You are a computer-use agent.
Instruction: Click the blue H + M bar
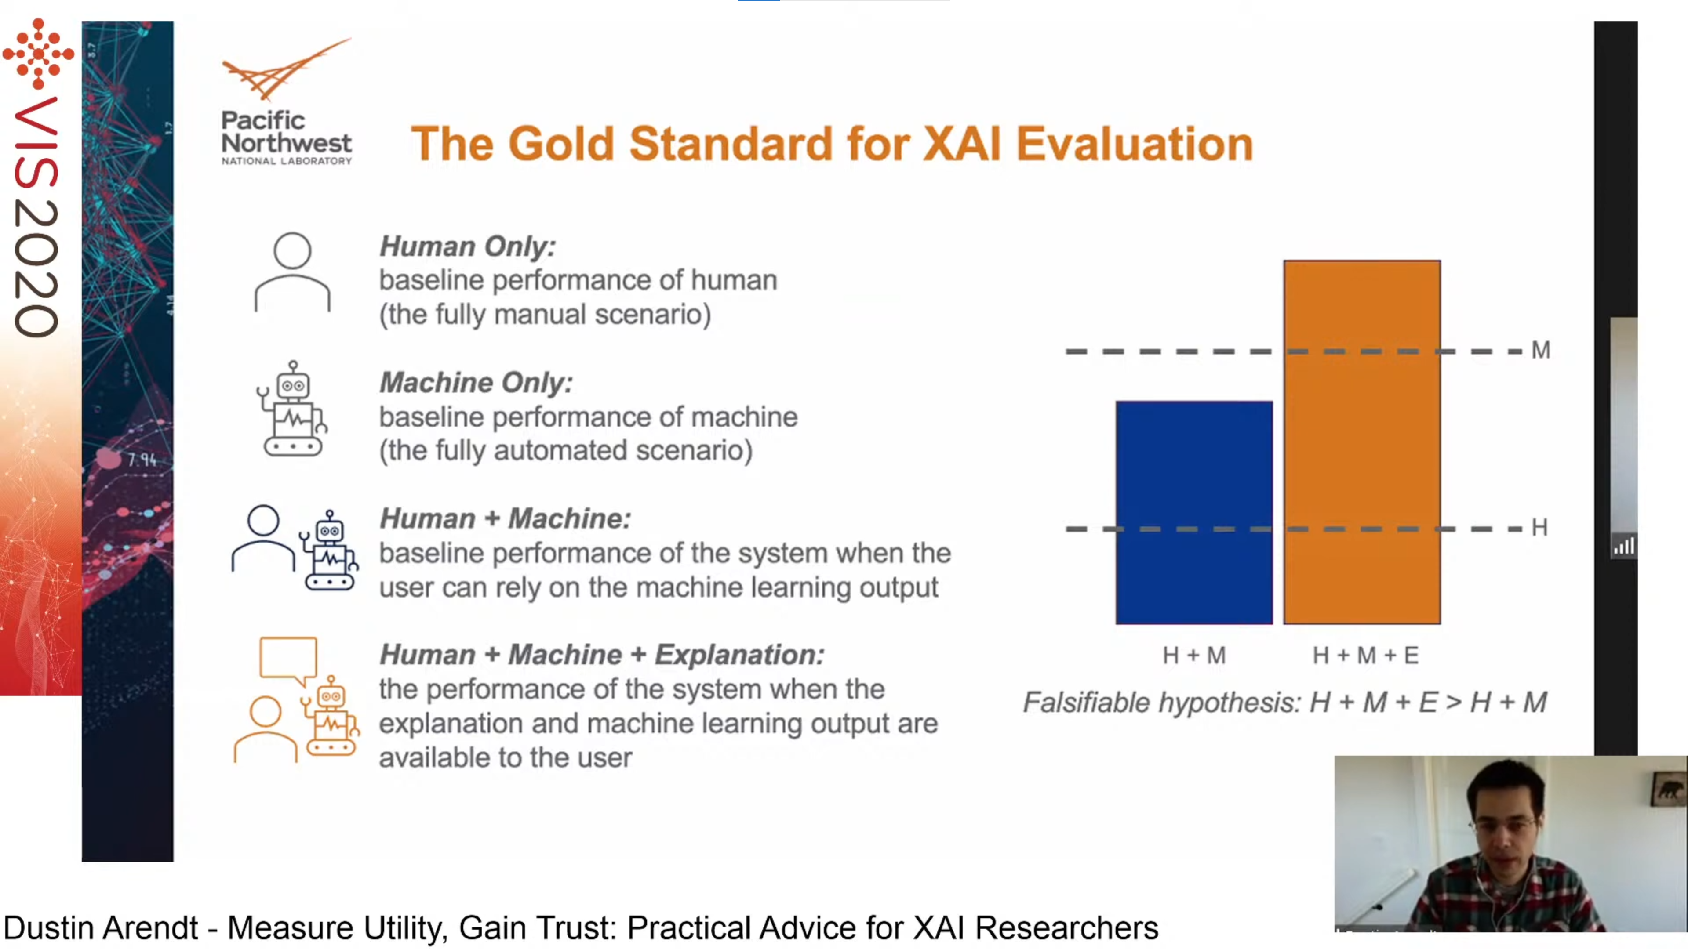click(x=1194, y=512)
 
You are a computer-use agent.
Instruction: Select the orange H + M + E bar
click(x=1362, y=442)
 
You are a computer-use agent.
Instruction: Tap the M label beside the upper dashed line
click(x=1541, y=351)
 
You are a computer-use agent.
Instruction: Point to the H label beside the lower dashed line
click(x=1539, y=527)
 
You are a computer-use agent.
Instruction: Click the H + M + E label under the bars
click(x=1366, y=655)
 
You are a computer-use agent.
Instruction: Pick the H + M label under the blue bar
click(x=1194, y=655)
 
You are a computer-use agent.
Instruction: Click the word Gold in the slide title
click(x=561, y=144)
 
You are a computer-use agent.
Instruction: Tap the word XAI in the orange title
click(x=962, y=144)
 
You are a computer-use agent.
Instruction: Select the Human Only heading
click(x=467, y=247)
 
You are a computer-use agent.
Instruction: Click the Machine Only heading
click(x=476, y=383)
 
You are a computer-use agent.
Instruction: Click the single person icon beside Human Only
click(x=292, y=272)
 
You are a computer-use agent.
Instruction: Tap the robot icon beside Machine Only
click(x=292, y=409)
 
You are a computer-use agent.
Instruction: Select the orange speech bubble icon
click(x=288, y=658)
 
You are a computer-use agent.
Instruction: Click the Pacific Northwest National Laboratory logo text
click(x=286, y=139)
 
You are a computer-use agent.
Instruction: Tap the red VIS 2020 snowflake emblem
click(x=38, y=54)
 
